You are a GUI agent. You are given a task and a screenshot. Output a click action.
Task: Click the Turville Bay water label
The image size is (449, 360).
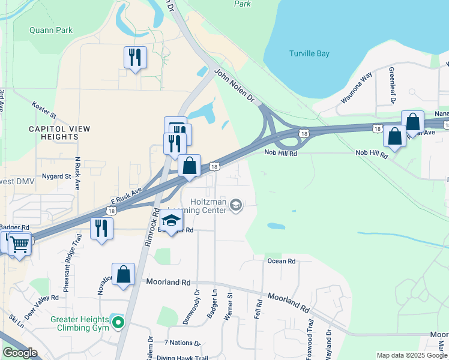(x=309, y=54)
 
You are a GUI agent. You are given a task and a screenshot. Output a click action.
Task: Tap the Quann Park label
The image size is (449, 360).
(x=51, y=30)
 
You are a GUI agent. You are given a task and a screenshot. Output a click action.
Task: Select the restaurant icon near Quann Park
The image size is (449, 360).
(x=134, y=58)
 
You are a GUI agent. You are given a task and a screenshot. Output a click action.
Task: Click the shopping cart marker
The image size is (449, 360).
(x=19, y=245)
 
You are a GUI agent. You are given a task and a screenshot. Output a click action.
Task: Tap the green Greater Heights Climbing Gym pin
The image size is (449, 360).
(x=118, y=323)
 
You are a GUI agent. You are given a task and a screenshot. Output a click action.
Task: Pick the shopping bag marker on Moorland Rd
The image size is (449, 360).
(x=123, y=275)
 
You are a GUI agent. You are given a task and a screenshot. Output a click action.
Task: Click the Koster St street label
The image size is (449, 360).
(x=44, y=110)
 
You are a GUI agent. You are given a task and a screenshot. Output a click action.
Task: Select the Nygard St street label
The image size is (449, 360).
(x=56, y=176)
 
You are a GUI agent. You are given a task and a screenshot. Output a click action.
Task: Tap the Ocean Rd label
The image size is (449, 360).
(x=282, y=261)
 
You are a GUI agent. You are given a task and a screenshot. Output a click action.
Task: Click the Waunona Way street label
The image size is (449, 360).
(x=357, y=88)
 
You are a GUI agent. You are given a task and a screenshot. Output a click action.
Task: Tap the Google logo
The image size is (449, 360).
(x=20, y=353)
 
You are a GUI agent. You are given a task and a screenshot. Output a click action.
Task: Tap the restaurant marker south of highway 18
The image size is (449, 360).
(x=101, y=229)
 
